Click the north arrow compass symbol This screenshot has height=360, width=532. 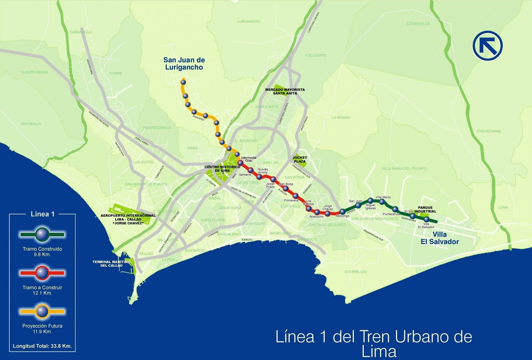click(488, 46)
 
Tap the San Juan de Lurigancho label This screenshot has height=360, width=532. click(184, 63)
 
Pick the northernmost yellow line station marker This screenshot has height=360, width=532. click(183, 81)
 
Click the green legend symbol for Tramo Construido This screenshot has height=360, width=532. click(42, 234)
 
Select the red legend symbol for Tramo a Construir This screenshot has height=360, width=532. click(42, 273)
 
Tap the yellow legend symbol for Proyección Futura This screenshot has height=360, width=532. click(42, 311)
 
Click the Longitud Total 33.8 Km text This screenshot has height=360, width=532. click(42, 346)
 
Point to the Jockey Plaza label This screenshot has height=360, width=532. click(300, 159)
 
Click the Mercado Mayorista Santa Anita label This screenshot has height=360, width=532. click(285, 91)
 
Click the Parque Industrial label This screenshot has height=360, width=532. click(427, 209)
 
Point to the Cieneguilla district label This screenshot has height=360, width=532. click(418, 24)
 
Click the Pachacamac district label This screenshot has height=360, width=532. click(489, 131)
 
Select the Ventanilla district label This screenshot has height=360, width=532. click(30, 124)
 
